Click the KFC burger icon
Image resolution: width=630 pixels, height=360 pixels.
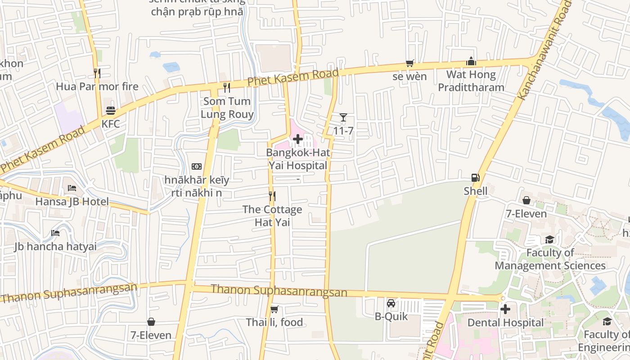[111, 110]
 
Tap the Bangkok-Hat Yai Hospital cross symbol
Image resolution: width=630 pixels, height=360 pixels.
[298, 139]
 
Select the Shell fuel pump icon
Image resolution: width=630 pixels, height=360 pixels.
[476, 178]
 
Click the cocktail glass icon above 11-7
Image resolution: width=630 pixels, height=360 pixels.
[343, 118]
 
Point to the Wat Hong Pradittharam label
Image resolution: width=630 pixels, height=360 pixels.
[471, 81]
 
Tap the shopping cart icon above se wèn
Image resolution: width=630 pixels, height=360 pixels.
[409, 63]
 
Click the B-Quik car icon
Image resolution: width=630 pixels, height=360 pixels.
[391, 303]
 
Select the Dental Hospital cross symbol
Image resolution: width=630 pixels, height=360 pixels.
[505, 309]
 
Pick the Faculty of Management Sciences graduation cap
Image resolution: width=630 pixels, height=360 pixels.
[549, 239]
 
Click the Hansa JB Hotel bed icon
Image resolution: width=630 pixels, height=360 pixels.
[72, 188]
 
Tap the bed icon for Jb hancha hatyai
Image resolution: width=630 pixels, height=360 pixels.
[55, 233]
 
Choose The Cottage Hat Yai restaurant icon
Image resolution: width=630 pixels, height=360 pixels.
[272, 196]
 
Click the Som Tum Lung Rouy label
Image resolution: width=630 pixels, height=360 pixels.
[227, 108]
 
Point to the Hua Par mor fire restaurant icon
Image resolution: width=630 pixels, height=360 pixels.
[97, 73]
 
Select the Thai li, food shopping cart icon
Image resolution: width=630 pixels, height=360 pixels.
[274, 309]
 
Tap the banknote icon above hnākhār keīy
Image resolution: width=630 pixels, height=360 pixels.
[196, 167]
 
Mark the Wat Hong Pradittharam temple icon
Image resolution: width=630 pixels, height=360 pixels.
[471, 61]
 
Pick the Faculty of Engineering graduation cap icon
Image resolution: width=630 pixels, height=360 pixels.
[607, 321]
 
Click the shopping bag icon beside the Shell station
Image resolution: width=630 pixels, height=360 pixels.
[526, 200]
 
